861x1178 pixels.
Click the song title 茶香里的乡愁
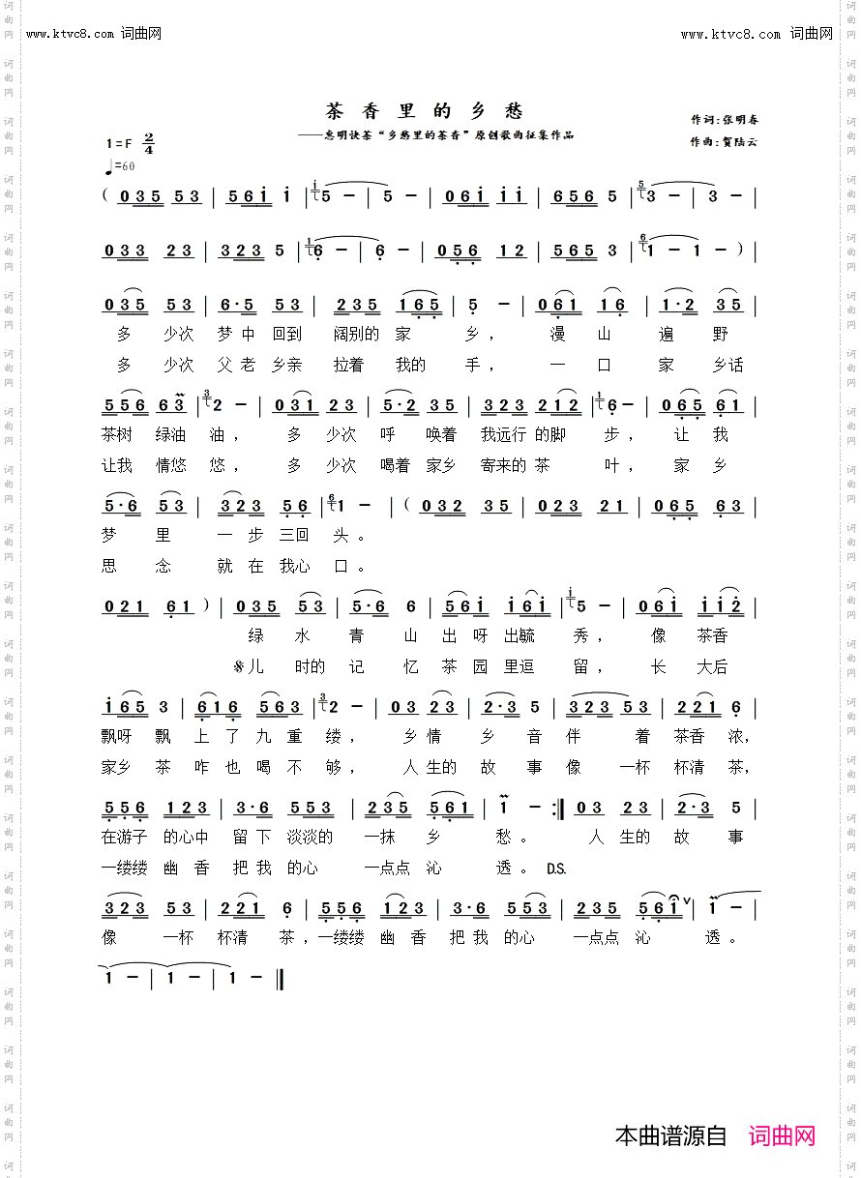(425, 111)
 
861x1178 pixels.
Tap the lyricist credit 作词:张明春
(725, 120)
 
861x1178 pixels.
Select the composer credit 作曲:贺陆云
(725, 141)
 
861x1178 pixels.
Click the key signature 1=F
(121, 143)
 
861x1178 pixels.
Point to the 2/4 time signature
(149, 143)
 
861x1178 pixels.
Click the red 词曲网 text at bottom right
(783, 1135)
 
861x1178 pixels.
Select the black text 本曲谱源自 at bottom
(670, 1135)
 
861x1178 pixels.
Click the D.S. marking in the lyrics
(556, 869)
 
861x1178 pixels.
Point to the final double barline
(280, 978)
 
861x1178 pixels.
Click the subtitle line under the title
(435, 135)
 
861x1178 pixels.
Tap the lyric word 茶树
(116, 434)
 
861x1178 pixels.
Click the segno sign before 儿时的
(238, 666)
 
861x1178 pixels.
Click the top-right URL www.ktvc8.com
(730, 34)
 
